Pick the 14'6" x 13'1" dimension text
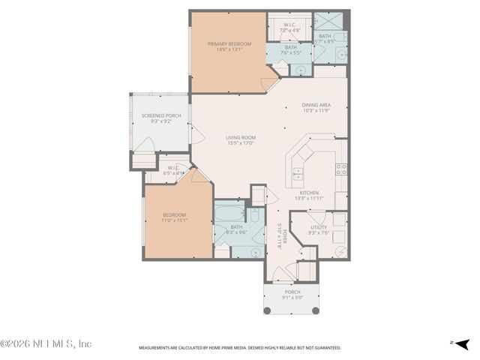pos(228,50)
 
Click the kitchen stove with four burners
pos(341,169)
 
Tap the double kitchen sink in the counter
pos(297,175)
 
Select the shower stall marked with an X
pos(326,21)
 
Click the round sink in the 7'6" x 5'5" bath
pos(301,69)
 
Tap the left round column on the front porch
pos(266,310)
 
